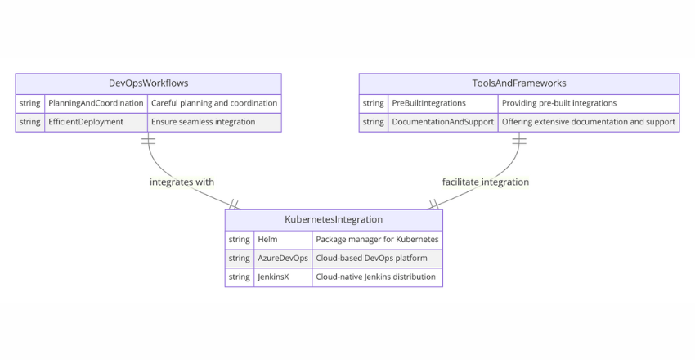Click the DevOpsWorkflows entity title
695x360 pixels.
coord(148,83)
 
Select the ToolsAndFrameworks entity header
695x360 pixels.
coord(518,83)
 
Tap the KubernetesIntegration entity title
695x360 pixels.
coord(334,219)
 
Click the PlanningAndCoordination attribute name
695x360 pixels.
coord(96,103)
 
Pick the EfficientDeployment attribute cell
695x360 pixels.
coord(86,122)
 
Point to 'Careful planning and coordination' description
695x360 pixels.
coord(214,103)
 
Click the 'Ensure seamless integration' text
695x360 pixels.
coord(203,122)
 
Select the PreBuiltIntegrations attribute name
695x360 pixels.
coord(428,103)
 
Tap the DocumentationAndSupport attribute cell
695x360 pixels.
coord(442,122)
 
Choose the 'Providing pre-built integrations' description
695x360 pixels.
coord(559,103)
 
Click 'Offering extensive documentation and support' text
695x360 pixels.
coord(588,122)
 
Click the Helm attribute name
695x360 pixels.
coord(267,239)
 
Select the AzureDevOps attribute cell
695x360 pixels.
coord(282,258)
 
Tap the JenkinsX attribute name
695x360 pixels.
coord(273,277)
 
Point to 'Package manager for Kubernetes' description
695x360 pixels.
coord(377,239)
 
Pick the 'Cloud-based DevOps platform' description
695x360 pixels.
coord(372,258)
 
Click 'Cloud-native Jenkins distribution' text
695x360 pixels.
coord(375,277)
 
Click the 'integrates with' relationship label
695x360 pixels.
coord(182,182)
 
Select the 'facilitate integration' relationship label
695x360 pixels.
coord(486,182)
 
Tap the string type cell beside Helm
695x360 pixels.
coord(239,239)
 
